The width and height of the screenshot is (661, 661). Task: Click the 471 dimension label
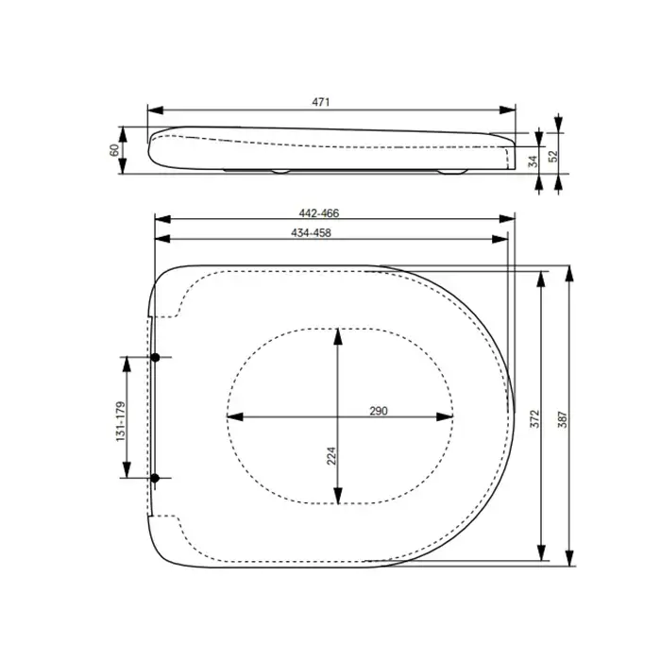[x=321, y=102]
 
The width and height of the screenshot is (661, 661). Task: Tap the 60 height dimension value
[x=114, y=150]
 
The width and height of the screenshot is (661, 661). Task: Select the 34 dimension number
[x=534, y=161]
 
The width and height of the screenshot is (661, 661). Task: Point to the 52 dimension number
[x=553, y=156]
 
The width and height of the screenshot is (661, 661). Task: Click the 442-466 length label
[x=319, y=213]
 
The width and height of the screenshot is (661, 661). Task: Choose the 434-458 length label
[x=311, y=232]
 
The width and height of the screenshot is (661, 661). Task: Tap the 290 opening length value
[x=379, y=411]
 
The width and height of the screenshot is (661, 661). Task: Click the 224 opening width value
[x=331, y=456]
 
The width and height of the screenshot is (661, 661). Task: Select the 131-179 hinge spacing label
[x=121, y=421]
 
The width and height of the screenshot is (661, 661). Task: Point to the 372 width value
[x=534, y=418]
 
